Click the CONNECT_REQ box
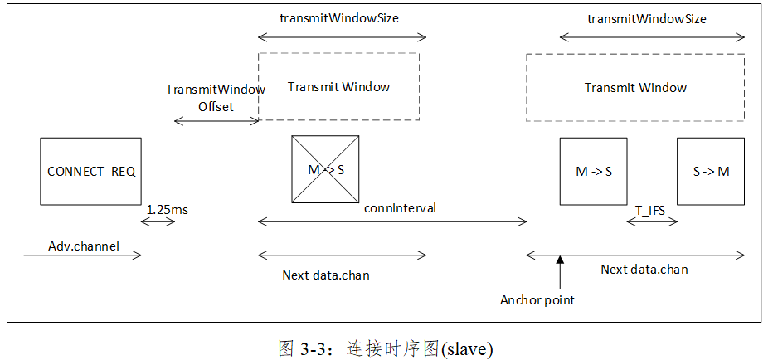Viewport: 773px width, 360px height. point(90,171)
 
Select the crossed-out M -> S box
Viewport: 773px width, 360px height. point(324,169)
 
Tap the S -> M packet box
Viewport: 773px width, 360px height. point(711,171)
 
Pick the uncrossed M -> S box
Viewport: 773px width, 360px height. point(593,171)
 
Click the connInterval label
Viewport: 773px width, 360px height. point(400,207)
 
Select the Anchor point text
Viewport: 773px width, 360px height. point(537,299)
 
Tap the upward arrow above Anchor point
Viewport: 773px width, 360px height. point(560,273)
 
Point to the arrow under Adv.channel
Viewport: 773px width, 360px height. point(83,255)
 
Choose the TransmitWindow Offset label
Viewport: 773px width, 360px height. point(215,97)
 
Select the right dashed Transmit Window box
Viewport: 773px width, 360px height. point(635,87)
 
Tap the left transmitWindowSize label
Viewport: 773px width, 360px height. point(342,17)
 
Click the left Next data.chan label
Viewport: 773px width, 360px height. point(326,275)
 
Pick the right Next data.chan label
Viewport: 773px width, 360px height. point(644,269)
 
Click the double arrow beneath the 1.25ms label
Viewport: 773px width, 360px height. point(158,222)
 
